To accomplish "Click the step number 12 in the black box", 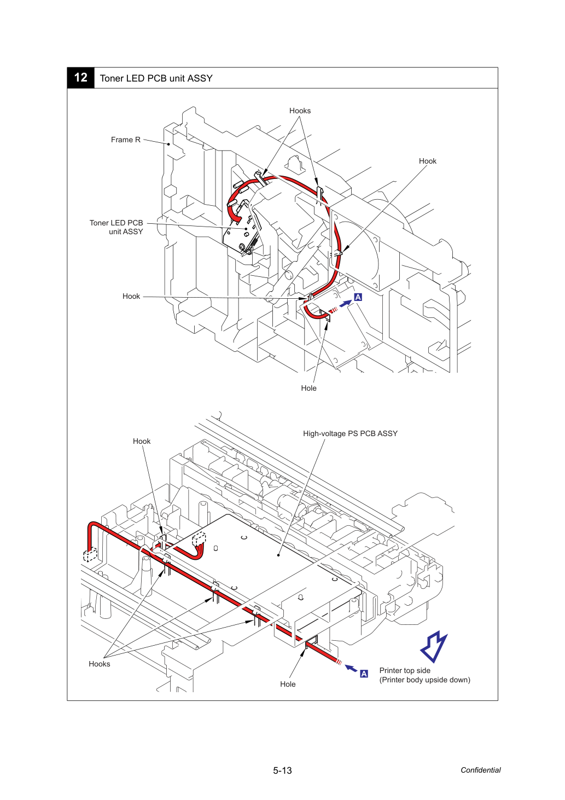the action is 80,78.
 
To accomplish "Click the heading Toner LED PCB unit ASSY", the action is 156,78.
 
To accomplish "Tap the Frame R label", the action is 126,140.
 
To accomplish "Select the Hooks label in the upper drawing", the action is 300,111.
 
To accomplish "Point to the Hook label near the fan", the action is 427,161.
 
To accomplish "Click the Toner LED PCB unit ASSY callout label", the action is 117,227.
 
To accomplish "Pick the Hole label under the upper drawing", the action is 308,388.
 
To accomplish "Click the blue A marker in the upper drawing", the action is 358,297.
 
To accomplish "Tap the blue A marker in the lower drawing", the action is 364,674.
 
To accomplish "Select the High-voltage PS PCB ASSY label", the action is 350,433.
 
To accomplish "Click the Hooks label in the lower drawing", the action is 99,664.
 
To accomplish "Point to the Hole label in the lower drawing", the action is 288,684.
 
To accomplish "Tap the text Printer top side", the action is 405,670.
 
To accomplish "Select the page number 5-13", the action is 282,770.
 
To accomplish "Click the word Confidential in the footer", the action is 480,770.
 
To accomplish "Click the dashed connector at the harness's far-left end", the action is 90,555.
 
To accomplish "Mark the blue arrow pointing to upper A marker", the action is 345,304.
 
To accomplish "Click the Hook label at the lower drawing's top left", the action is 142,441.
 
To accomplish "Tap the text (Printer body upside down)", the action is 425,680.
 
